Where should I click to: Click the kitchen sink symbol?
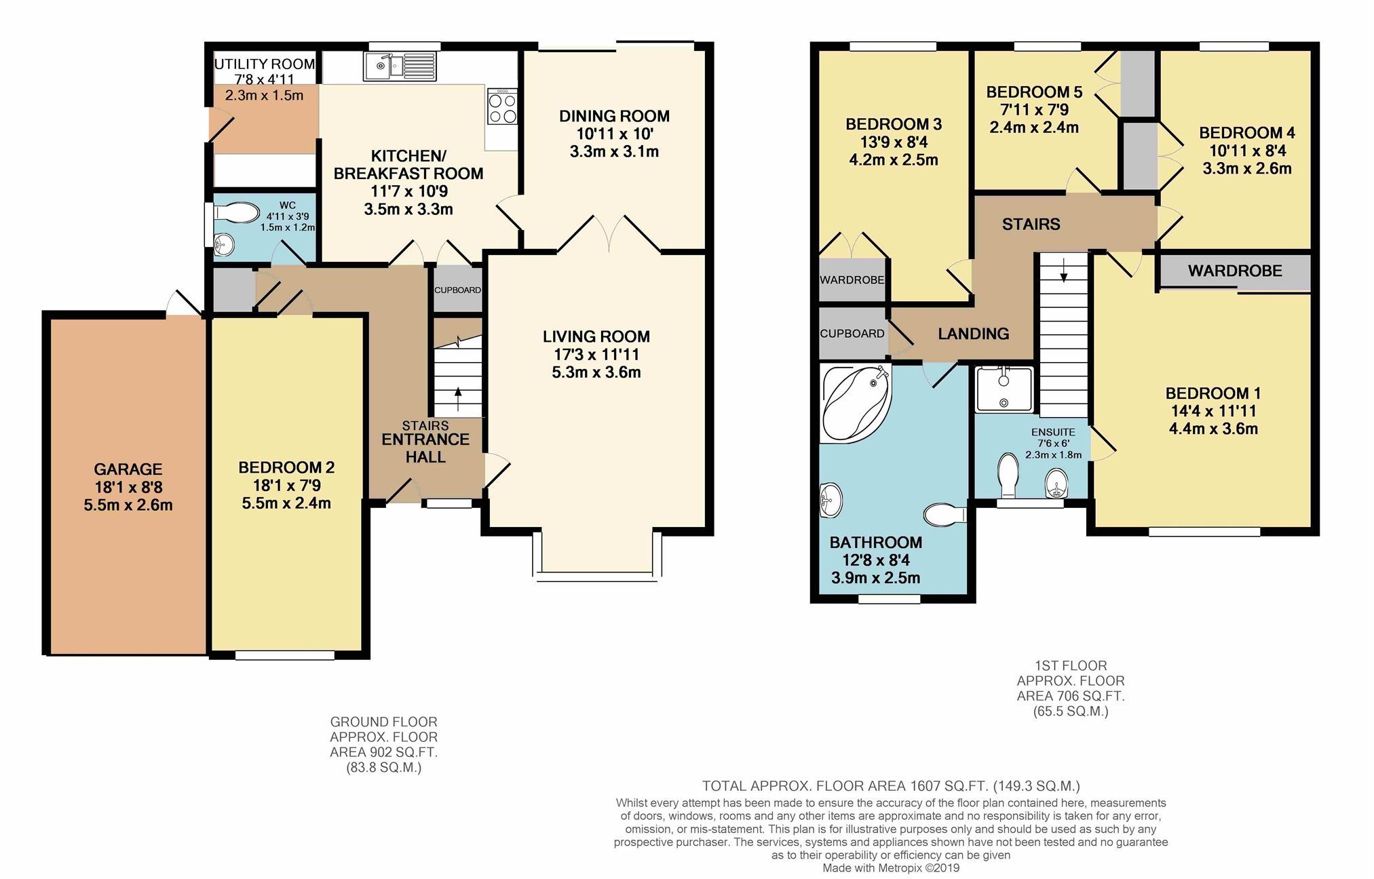click(400, 66)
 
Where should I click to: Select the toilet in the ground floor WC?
click(237, 213)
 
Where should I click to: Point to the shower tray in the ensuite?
click(1004, 389)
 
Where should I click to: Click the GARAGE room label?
click(128, 469)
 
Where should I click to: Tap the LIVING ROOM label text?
click(596, 336)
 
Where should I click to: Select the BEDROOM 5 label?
click(1034, 92)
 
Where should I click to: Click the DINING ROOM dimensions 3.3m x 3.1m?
click(614, 152)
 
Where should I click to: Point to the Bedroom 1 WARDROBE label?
click(1235, 271)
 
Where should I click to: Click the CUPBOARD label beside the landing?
click(852, 334)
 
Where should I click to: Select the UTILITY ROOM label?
click(265, 64)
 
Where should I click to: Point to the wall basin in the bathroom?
click(831, 501)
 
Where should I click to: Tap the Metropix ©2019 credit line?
click(891, 867)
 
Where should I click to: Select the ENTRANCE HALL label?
click(425, 448)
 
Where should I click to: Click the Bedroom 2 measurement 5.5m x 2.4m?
click(286, 503)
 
